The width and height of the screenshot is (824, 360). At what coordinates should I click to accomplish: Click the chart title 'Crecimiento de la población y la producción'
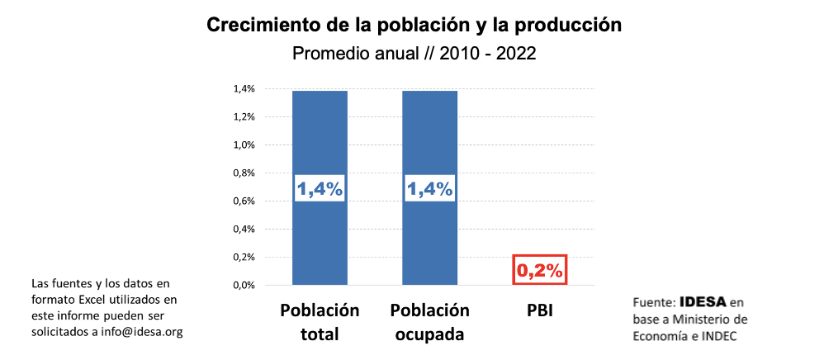tap(414, 25)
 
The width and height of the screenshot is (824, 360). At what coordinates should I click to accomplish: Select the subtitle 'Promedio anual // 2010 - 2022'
tap(414, 54)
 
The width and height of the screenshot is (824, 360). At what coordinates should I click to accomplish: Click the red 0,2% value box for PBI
tap(539, 269)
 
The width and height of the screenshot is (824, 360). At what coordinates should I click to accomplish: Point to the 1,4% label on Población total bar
tap(320, 188)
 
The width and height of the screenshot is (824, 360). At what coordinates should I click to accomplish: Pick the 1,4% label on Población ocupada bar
tap(429, 188)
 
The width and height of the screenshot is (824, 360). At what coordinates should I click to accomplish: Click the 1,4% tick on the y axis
tap(243, 89)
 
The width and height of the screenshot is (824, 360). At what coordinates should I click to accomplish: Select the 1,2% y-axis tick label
tap(243, 117)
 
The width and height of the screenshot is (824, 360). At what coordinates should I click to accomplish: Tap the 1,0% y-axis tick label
tap(243, 145)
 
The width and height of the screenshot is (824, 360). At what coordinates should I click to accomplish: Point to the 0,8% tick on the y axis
tap(243, 173)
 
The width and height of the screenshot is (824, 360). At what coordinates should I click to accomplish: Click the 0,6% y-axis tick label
tap(243, 201)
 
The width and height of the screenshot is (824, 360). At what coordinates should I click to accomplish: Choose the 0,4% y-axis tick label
tap(243, 230)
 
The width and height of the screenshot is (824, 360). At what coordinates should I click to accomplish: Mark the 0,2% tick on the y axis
tap(243, 258)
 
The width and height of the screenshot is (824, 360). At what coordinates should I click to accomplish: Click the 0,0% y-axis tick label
tap(243, 286)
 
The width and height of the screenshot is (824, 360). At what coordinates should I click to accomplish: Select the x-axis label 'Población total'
tap(320, 322)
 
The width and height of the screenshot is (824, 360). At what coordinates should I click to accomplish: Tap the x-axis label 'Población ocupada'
tap(429, 322)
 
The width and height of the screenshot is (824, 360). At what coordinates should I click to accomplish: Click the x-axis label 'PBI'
tap(539, 311)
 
